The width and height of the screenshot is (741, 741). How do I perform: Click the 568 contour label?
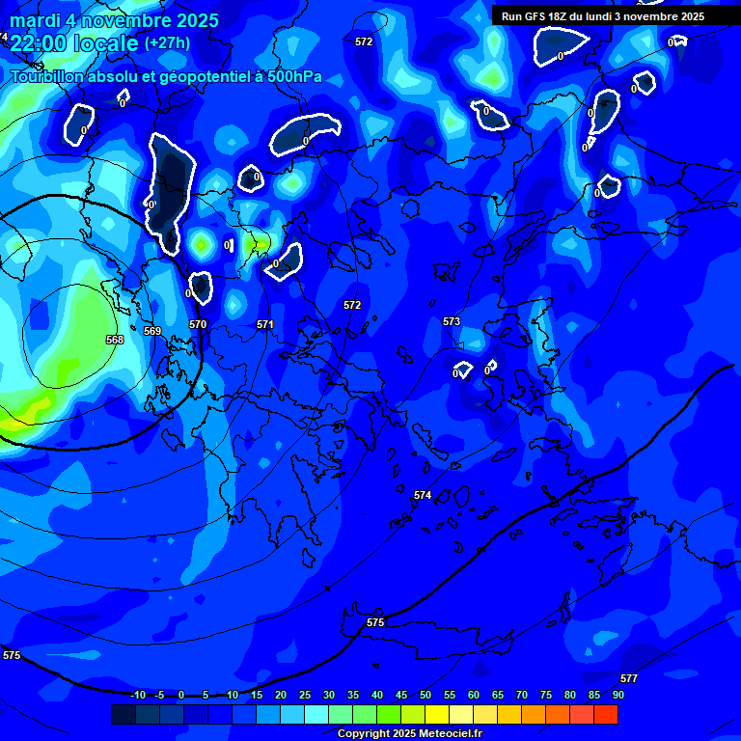[x=115, y=340]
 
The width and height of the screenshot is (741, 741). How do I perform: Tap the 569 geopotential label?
[x=152, y=331]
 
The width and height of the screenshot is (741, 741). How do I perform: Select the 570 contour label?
[x=198, y=324]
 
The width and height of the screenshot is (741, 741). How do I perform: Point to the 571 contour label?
[x=265, y=324]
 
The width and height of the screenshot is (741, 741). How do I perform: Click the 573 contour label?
[x=452, y=321]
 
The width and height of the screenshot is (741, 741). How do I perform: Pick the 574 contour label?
[x=423, y=495]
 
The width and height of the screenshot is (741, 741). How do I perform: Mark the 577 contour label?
[x=629, y=678]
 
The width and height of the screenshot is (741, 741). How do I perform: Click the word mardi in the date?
[x=36, y=20]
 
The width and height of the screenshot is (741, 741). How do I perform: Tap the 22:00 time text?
[x=40, y=43]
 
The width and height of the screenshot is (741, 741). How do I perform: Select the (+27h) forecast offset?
[x=167, y=43]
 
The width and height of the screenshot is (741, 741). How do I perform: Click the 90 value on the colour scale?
[x=617, y=695]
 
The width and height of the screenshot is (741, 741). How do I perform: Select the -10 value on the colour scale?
[x=137, y=695]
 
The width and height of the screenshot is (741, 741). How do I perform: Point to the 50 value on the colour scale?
[x=425, y=695]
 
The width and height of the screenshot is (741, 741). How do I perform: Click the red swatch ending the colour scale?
[x=605, y=714]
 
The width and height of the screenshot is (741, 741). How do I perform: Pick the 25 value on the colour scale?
[x=305, y=695]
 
